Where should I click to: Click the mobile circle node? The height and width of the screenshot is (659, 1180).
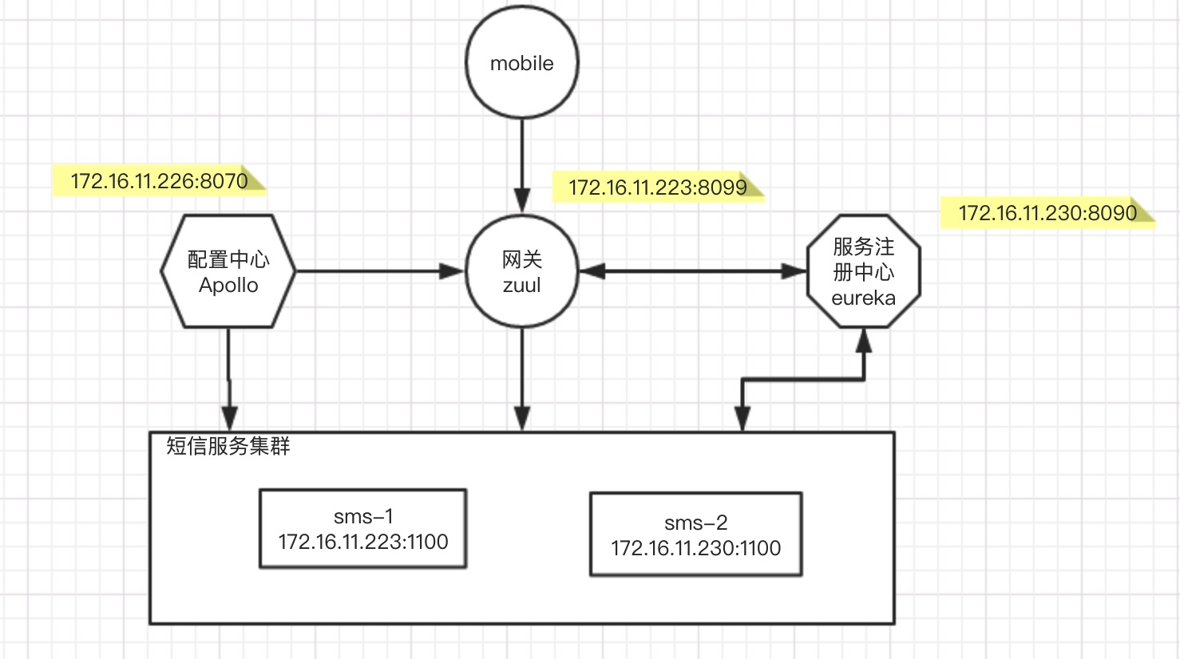[521, 63]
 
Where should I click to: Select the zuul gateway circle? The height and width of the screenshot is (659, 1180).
[521, 271]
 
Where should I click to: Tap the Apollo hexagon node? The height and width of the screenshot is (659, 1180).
[228, 271]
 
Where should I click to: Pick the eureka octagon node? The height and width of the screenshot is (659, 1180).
[863, 271]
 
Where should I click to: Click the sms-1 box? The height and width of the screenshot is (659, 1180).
[362, 529]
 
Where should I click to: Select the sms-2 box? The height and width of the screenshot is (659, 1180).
[695, 535]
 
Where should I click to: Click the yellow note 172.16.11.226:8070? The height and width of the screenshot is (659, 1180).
[159, 181]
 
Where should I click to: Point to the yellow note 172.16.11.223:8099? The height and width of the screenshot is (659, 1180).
[657, 187]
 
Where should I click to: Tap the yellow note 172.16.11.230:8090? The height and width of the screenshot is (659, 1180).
[1047, 213]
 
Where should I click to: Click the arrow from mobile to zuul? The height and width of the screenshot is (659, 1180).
[521, 164]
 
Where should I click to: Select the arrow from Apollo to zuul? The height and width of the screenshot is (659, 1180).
[375, 271]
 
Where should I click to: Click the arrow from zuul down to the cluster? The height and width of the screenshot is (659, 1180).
[521, 379]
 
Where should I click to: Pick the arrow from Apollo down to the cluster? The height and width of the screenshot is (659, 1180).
[229, 379]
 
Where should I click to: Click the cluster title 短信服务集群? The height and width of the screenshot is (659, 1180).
[228, 446]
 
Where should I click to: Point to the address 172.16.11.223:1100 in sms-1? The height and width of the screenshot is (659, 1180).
[362, 543]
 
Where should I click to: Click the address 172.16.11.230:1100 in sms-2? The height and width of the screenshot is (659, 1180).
[695, 548]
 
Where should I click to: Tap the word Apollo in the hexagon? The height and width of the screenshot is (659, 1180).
[228, 286]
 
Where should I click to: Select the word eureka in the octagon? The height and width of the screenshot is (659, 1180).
[863, 298]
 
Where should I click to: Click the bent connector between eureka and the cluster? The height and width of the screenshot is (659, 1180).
[802, 381]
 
